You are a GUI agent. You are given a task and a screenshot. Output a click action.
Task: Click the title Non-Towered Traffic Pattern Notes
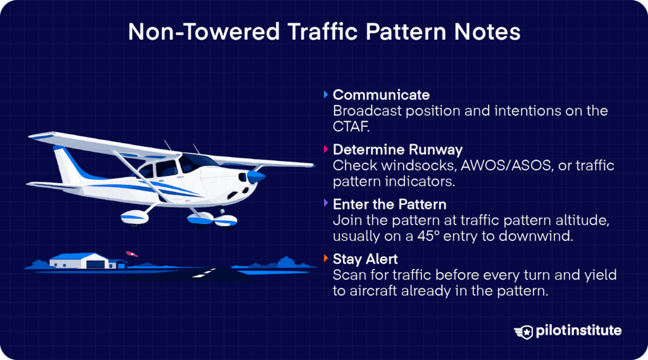pyautogui.click(x=324, y=32)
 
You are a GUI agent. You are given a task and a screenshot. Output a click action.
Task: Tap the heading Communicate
pyautogui.click(x=381, y=95)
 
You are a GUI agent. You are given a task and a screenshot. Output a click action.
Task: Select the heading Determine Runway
pyautogui.click(x=397, y=150)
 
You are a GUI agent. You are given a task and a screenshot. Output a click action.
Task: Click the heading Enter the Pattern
pyautogui.click(x=389, y=204)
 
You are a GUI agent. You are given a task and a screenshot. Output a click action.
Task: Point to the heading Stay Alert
pyautogui.click(x=364, y=259)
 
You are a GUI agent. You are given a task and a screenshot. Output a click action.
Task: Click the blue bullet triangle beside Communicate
pyautogui.click(x=325, y=95)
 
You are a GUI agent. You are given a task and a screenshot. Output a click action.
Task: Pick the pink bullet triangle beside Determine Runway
pyautogui.click(x=325, y=150)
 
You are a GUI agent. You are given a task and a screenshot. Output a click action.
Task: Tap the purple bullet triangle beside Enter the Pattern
pyautogui.click(x=325, y=204)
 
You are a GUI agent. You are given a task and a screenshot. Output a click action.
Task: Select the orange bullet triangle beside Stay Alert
pyautogui.click(x=325, y=259)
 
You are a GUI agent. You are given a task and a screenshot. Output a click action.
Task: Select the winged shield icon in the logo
pyautogui.click(x=525, y=332)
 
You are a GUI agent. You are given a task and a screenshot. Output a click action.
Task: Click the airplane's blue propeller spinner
pyautogui.click(x=256, y=175)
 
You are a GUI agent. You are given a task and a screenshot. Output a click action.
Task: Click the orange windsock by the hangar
pyautogui.click(x=132, y=254)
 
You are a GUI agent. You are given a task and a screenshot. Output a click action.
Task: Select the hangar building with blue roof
pyautogui.click(x=78, y=260)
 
